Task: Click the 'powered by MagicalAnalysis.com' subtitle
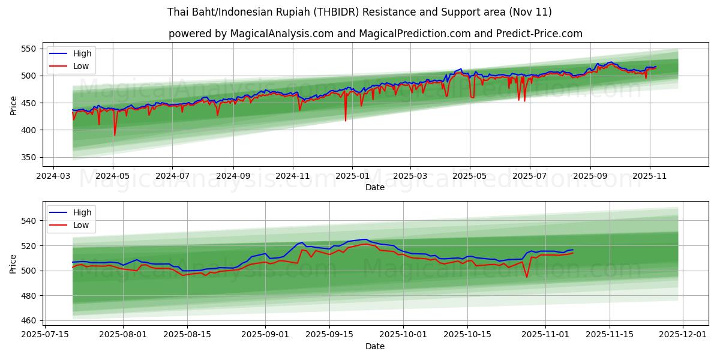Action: click(375, 34)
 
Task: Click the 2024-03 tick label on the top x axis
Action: click(53, 176)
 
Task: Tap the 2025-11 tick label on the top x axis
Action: click(650, 176)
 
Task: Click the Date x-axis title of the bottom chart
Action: click(375, 346)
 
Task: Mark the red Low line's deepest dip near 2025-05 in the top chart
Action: click(115, 135)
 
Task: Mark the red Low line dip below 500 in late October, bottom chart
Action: click(527, 277)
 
